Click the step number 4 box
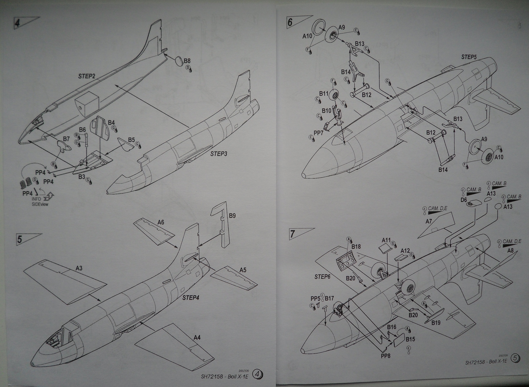18,23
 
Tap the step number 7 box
293,234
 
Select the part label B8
187,61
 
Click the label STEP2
87,76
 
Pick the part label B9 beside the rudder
232,216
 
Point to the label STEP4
191,298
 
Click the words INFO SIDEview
40,201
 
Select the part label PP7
318,133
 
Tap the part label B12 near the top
366,95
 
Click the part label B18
356,246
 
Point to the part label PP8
385,357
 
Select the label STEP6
322,277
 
